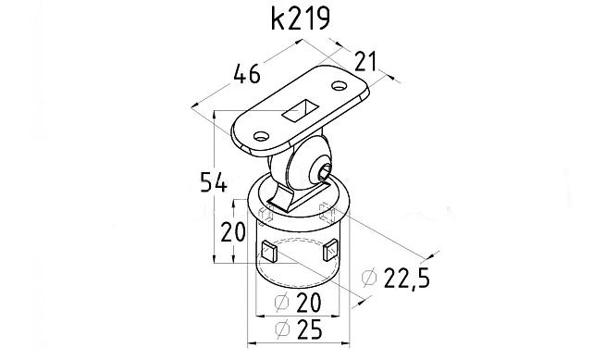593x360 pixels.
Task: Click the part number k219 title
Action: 301,19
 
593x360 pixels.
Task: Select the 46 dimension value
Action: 247,74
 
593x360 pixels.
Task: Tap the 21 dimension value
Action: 365,62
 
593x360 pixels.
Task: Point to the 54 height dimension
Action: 214,182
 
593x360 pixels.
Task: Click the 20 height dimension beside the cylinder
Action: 233,231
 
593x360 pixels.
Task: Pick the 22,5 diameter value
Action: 407,279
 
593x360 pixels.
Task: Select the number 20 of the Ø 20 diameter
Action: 309,302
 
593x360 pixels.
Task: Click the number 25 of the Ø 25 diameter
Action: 310,329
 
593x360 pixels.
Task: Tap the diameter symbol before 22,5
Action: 369,278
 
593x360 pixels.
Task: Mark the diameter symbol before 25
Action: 283,329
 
